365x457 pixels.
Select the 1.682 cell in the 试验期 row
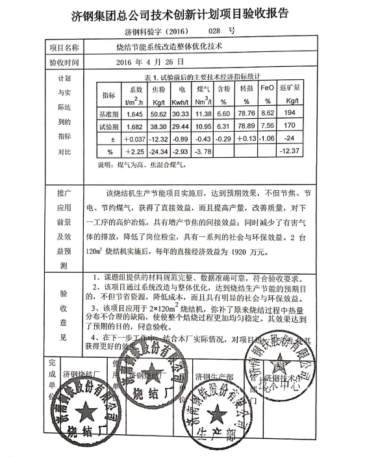pos(135,125)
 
